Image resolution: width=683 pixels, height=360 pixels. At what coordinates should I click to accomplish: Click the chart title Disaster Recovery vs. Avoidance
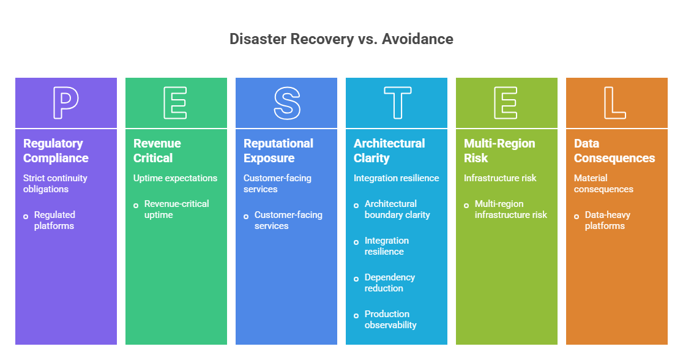(341, 39)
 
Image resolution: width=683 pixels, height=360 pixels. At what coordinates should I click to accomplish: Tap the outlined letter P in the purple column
(65, 103)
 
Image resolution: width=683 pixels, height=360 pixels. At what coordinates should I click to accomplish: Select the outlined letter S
(286, 103)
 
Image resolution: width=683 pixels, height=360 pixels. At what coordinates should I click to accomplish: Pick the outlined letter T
(397, 103)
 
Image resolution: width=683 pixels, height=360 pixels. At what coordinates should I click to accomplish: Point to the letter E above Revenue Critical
(176, 103)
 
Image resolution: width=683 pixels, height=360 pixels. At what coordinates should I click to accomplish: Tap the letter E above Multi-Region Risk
(506, 103)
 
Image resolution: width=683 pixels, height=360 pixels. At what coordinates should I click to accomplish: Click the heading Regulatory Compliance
(56, 151)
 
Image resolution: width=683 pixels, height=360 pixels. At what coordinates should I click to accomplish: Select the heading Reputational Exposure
(278, 151)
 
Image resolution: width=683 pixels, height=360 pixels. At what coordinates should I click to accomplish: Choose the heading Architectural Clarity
(389, 151)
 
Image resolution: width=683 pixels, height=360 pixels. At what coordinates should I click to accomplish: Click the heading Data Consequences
(614, 151)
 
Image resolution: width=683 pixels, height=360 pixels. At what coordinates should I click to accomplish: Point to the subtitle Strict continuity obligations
(55, 184)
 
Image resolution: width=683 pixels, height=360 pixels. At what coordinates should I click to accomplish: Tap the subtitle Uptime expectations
(175, 178)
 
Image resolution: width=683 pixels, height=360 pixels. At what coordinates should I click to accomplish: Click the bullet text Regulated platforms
(54, 220)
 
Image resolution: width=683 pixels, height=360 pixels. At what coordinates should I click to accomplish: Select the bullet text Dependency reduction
(389, 283)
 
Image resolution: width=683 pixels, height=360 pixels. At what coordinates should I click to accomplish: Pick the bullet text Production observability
(390, 320)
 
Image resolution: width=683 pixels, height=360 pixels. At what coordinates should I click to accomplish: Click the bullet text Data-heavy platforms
(607, 220)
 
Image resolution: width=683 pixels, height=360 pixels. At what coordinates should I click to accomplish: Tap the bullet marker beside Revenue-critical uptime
(136, 205)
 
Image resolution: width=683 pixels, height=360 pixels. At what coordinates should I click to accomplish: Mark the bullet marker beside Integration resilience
(356, 242)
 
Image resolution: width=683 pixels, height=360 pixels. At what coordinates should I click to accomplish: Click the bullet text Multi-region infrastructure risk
(510, 209)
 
